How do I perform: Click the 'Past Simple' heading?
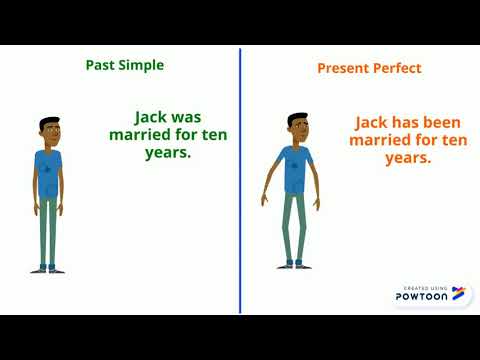(124, 65)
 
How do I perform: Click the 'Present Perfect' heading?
(369, 68)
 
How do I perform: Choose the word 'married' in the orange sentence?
(379, 141)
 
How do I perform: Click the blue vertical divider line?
(240, 180)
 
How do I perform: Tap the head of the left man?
(50, 130)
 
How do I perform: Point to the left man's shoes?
(48, 267)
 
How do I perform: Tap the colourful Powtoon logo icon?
(458, 293)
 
